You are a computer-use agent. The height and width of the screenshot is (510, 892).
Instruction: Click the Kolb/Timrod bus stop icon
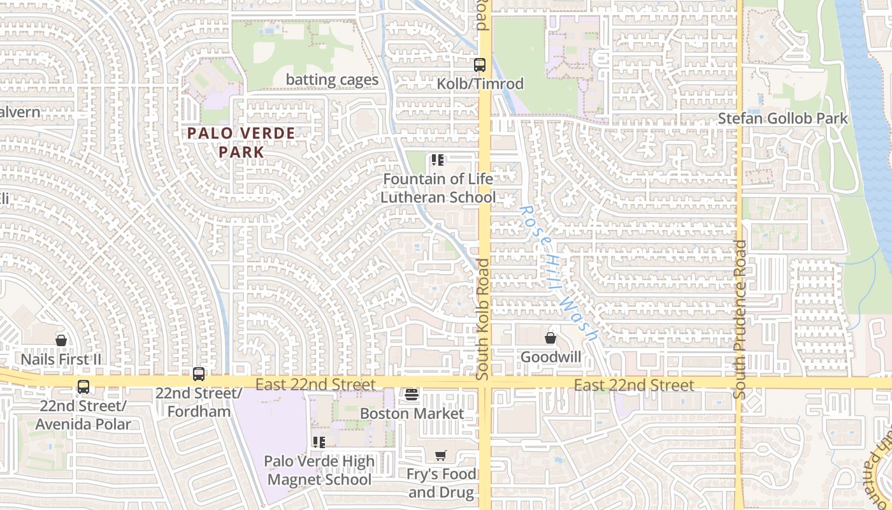point(479,65)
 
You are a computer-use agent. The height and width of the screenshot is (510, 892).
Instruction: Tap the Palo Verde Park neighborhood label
point(241,143)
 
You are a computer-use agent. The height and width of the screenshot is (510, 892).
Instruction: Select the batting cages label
point(332,80)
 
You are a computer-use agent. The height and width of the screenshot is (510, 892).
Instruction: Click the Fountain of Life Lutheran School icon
point(437,160)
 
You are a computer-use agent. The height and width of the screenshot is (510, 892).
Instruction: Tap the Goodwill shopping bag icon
point(550,338)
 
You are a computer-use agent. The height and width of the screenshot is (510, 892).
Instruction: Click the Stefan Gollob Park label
point(783,119)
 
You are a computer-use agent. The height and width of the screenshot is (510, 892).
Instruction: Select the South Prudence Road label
point(739,319)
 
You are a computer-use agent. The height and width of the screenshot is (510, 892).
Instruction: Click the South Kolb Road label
point(484,319)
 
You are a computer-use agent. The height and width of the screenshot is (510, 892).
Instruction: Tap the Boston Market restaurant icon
point(412,395)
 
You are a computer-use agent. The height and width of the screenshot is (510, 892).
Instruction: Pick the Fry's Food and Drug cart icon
point(440,455)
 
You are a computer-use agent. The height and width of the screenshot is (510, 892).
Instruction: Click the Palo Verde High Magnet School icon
point(319,442)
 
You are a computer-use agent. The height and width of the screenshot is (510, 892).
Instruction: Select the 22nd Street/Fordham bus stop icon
point(199,374)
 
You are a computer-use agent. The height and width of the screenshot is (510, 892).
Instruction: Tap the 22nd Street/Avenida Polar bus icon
point(83,386)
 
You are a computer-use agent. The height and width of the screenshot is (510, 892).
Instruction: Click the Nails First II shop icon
point(61,340)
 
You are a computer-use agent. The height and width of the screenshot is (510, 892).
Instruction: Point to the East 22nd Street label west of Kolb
point(315,384)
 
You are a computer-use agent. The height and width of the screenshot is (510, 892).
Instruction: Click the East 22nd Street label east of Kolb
point(634,385)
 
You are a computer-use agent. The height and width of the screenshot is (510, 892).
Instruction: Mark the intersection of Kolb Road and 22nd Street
point(484,383)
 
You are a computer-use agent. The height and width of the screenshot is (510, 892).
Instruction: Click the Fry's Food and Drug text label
point(442,483)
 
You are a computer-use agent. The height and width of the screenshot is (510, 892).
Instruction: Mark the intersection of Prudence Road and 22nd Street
point(739,383)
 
